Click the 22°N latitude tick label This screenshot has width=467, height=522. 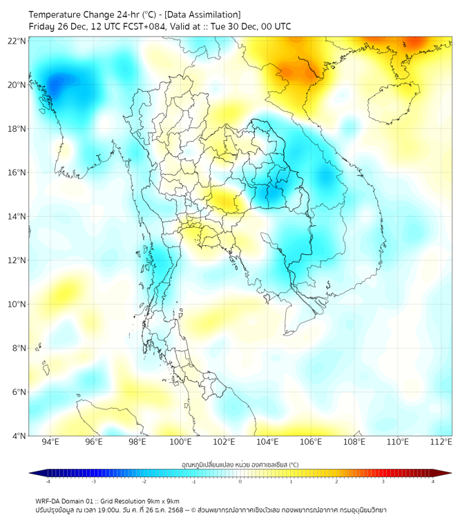(x=17, y=41)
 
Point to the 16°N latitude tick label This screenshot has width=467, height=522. (x=17, y=173)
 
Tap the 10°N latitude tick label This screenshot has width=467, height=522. (x=17, y=304)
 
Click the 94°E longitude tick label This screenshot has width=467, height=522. (x=50, y=442)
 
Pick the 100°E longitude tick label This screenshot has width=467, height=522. (x=180, y=442)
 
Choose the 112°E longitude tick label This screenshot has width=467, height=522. (x=441, y=442)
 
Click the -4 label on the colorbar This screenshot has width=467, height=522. (x=48, y=481)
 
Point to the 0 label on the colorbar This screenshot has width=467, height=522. (x=240, y=481)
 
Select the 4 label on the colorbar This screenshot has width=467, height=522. (x=432, y=481)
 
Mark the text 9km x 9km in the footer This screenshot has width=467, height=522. (x=162, y=501)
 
